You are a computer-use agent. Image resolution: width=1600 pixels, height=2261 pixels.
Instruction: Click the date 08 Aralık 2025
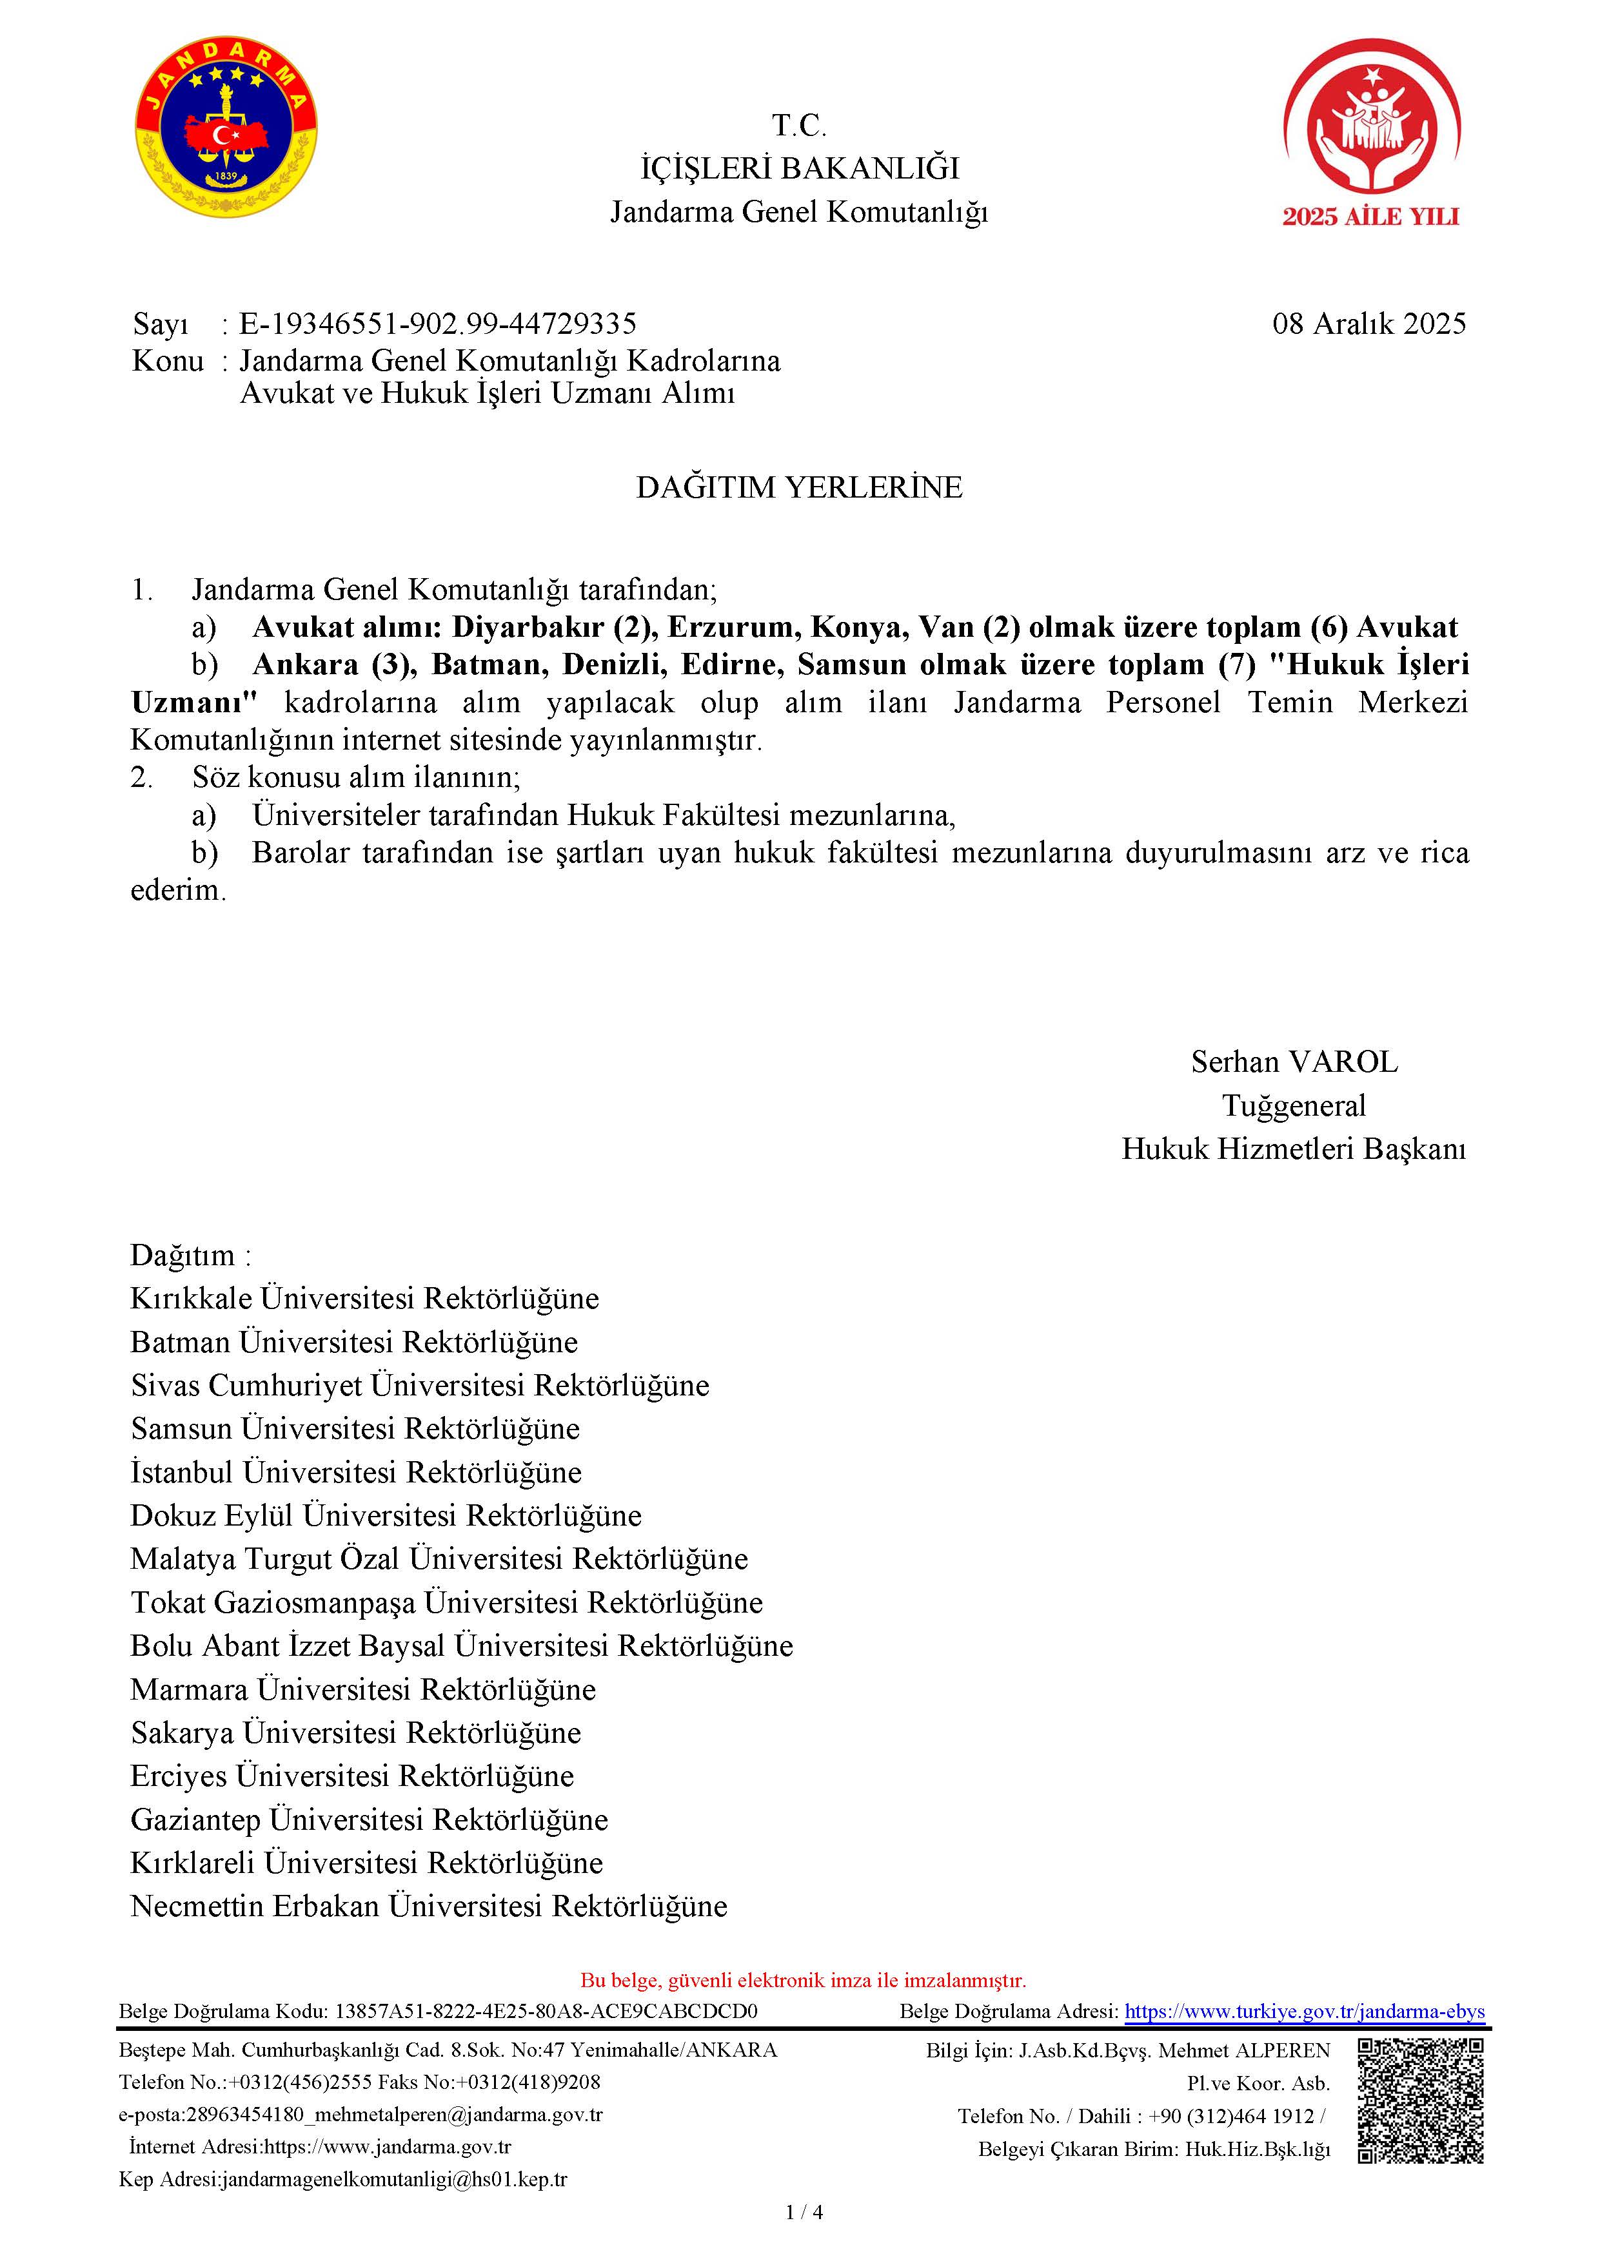click(1368, 324)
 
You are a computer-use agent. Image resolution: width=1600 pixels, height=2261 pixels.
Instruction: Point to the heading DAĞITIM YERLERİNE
click(799, 487)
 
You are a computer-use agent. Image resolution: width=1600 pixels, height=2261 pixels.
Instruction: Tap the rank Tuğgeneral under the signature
click(1294, 1106)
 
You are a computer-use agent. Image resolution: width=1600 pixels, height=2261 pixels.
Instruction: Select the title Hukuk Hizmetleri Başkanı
click(1294, 1149)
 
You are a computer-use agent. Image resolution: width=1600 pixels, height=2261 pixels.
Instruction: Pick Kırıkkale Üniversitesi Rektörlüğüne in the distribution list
click(364, 1299)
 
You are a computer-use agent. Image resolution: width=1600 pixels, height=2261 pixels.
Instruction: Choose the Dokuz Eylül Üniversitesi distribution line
click(385, 1515)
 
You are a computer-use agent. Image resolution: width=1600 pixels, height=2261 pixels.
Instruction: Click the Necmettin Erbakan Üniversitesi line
click(429, 1905)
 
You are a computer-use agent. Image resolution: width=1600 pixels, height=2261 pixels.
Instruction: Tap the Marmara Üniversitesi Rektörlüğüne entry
click(362, 1689)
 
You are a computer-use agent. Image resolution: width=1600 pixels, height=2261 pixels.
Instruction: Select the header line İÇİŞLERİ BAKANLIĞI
click(799, 168)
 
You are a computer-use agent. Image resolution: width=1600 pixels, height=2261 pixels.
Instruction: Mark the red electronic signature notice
click(803, 1981)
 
